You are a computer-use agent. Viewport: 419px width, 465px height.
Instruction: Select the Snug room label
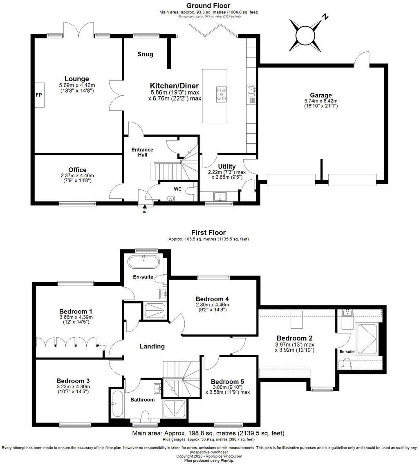click(145, 54)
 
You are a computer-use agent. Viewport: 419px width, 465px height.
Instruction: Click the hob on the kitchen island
click(222, 94)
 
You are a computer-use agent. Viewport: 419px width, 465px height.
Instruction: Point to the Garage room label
click(321, 96)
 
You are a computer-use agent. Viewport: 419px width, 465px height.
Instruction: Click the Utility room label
click(226, 166)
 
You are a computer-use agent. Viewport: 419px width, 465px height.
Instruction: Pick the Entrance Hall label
click(142, 152)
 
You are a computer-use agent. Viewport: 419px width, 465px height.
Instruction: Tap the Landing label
click(152, 346)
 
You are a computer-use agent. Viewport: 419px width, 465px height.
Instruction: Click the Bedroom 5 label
click(227, 381)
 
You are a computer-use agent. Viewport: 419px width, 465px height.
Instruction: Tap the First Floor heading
click(208, 233)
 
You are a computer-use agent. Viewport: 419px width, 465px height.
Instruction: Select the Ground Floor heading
click(208, 5)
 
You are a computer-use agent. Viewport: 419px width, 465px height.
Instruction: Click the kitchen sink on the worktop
click(251, 90)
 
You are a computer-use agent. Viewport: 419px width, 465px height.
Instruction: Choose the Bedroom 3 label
click(73, 380)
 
